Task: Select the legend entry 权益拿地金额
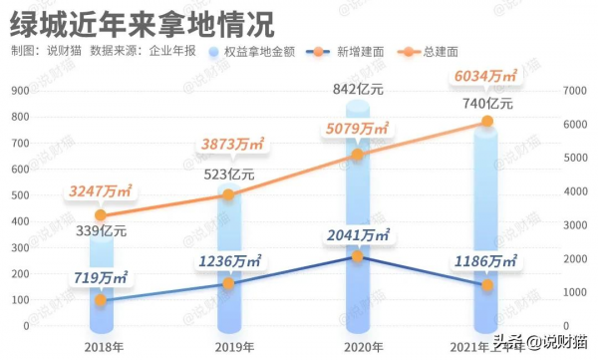tap(254, 52)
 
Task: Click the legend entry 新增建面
tap(344, 52)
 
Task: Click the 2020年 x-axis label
tap(357, 346)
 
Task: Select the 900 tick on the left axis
tap(21, 92)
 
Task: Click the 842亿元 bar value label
tap(357, 91)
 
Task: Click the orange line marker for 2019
tap(228, 194)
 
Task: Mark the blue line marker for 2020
tap(357, 257)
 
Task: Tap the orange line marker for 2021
tap(486, 122)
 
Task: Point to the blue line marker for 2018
tap(100, 300)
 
